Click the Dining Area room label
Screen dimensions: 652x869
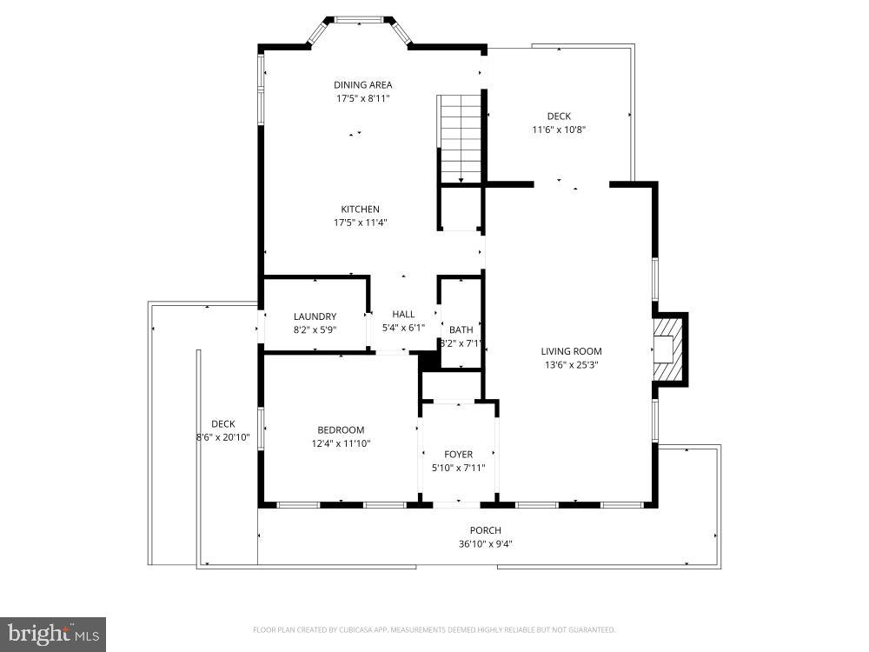click(363, 84)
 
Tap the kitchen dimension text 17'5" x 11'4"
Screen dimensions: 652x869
click(360, 223)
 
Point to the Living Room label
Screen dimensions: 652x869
click(571, 351)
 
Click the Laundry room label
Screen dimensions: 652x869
click(315, 316)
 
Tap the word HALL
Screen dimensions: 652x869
click(403, 314)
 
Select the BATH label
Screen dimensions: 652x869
click(461, 329)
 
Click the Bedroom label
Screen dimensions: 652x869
click(341, 429)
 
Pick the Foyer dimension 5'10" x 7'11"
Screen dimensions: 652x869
click(459, 468)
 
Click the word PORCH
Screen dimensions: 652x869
click(486, 530)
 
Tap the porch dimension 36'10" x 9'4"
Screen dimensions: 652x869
click(486, 544)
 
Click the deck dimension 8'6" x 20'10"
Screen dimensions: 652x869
click(223, 437)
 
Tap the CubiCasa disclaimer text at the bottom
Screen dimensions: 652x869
click(434, 629)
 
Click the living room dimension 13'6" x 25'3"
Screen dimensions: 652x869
click(571, 365)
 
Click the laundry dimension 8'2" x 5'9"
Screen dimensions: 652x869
click(315, 329)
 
